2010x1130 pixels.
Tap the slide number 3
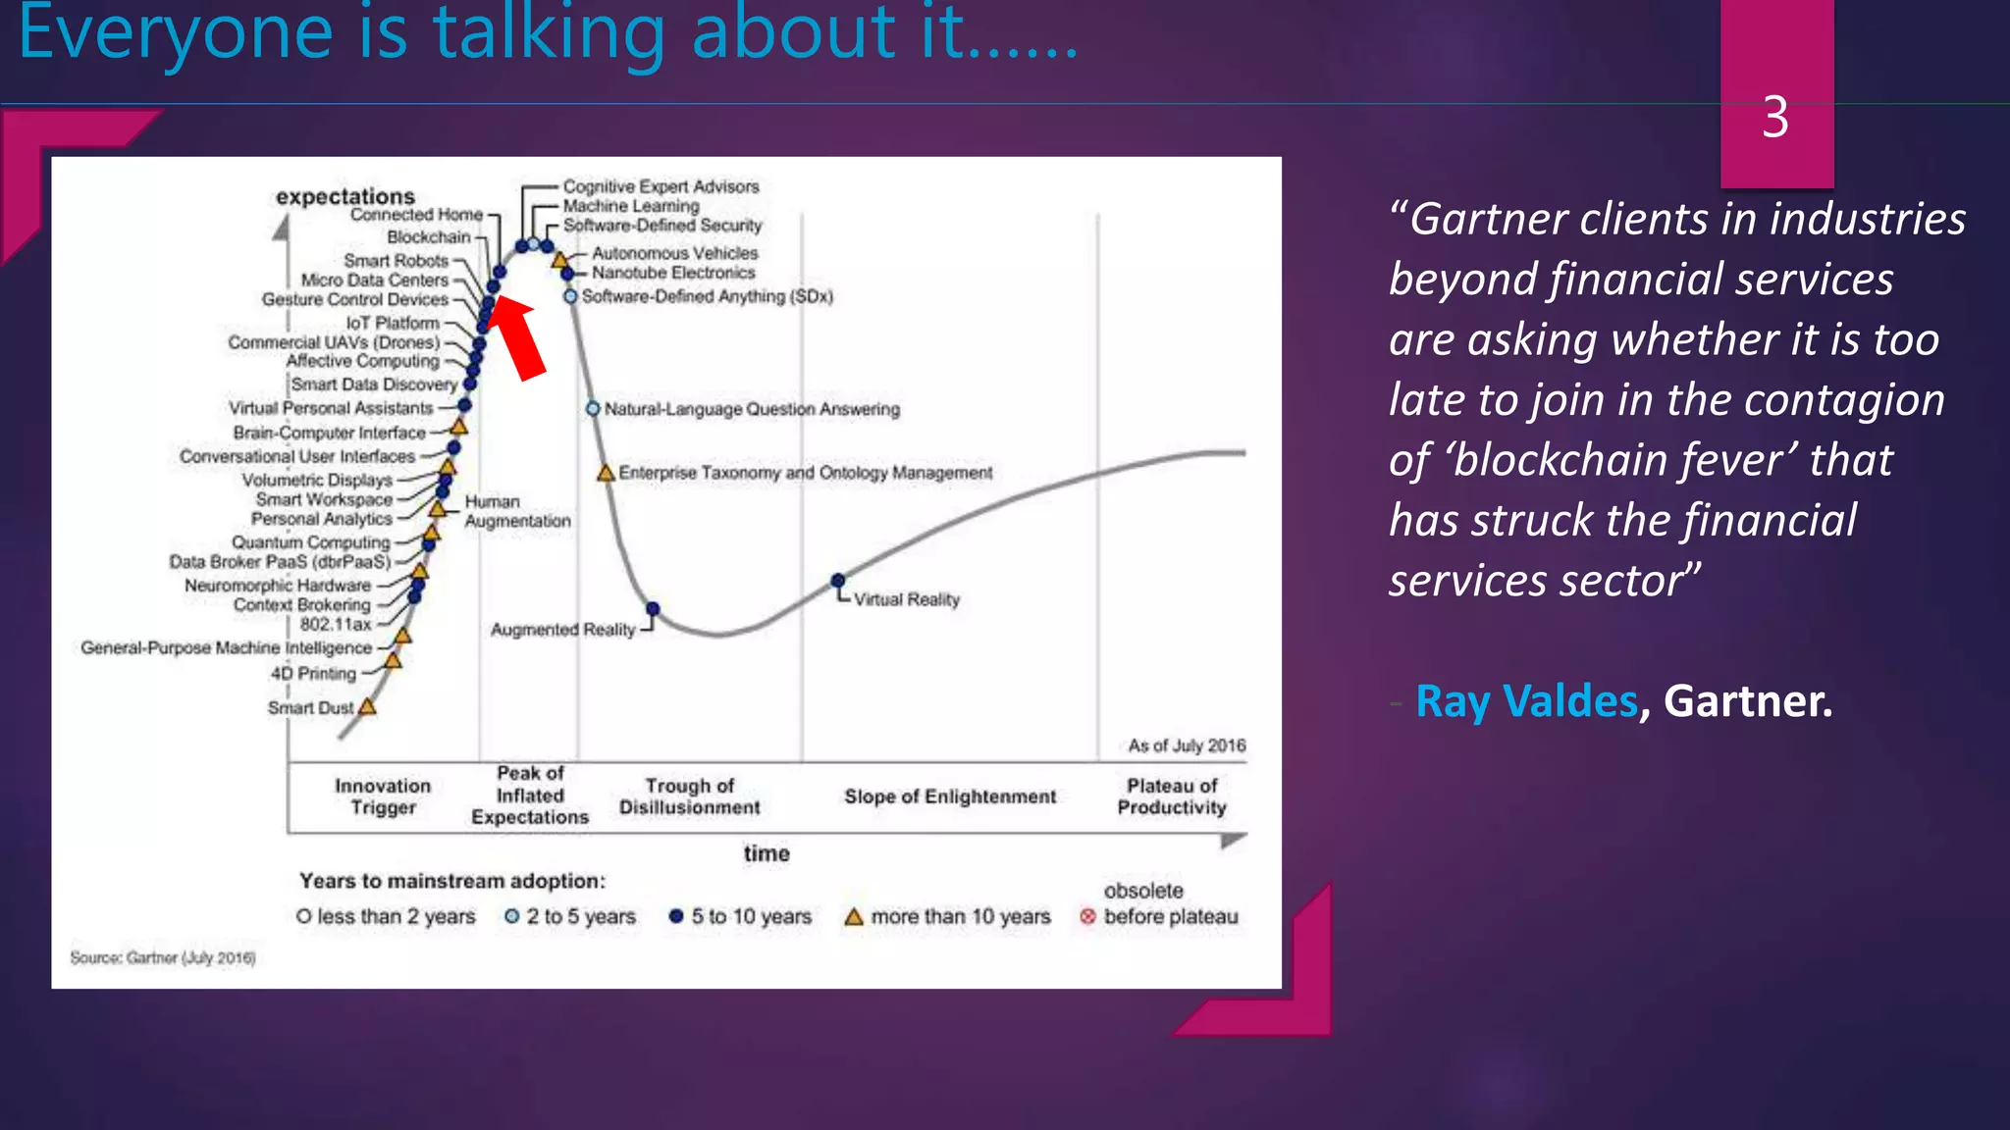pyautogui.click(x=1774, y=118)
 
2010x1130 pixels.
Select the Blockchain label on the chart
pyautogui.click(x=429, y=237)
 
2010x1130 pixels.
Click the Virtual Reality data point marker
pyautogui.click(x=837, y=581)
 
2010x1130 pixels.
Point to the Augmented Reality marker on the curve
pyautogui.click(x=653, y=610)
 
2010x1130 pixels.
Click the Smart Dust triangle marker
pyautogui.click(x=367, y=706)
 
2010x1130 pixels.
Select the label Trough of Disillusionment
pyautogui.click(x=689, y=796)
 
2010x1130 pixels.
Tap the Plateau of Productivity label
pyautogui.click(x=1172, y=796)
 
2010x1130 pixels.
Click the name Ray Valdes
pyautogui.click(x=1526, y=701)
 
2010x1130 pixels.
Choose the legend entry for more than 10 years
pyautogui.click(x=947, y=916)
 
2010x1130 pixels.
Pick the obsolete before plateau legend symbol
pyautogui.click(x=1087, y=916)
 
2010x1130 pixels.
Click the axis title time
pyautogui.click(x=767, y=853)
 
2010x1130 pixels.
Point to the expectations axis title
pyautogui.click(x=345, y=196)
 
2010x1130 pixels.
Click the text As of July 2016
pyautogui.click(x=1187, y=745)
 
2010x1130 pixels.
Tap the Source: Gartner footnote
pyautogui.click(x=163, y=957)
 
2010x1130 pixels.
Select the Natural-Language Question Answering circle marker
pyautogui.click(x=593, y=408)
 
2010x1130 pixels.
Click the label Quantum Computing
pyautogui.click(x=311, y=542)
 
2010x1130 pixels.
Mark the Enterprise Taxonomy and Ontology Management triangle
pyautogui.click(x=606, y=474)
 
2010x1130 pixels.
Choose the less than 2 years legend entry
pyautogui.click(x=386, y=916)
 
